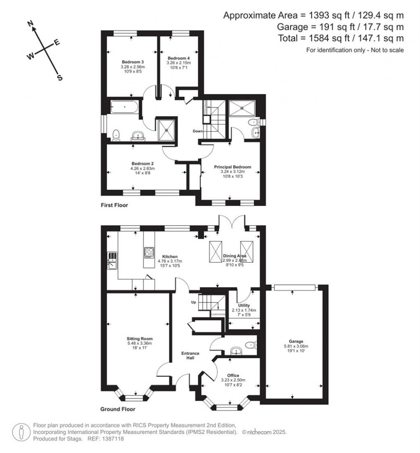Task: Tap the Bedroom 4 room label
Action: coord(178,58)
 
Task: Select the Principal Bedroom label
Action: coord(232,167)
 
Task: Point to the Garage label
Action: coord(295,341)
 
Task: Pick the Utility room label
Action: coord(244,306)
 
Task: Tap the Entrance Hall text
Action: coord(191,355)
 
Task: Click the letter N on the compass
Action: coord(30,25)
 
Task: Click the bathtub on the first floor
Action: coord(124,108)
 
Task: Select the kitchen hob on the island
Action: coord(148,252)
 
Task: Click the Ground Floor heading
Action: coord(118,409)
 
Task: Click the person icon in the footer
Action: coord(21,432)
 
